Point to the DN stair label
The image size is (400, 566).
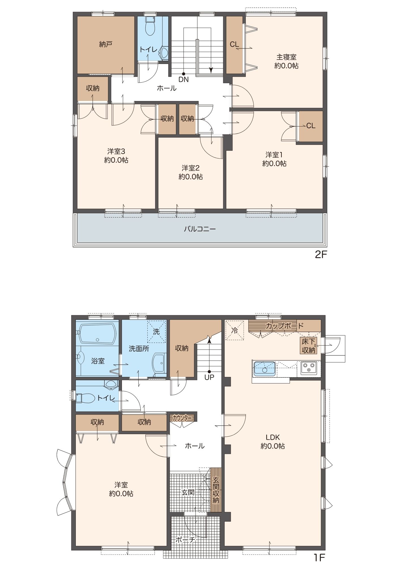click(x=183, y=80)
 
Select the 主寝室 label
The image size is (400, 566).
click(x=286, y=57)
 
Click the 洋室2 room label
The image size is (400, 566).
click(x=191, y=168)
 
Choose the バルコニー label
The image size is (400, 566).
click(x=200, y=229)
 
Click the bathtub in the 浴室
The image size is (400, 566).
click(x=98, y=335)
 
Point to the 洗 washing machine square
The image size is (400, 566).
click(x=156, y=332)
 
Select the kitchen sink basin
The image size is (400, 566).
click(x=265, y=368)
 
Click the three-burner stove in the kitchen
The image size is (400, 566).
click(x=309, y=368)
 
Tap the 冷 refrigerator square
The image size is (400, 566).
click(x=235, y=330)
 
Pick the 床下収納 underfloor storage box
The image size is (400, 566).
click(x=308, y=346)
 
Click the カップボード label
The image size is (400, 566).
click(x=285, y=326)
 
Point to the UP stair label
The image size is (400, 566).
click(x=209, y=377)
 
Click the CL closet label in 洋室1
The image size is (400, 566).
click(x=311, y=126)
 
